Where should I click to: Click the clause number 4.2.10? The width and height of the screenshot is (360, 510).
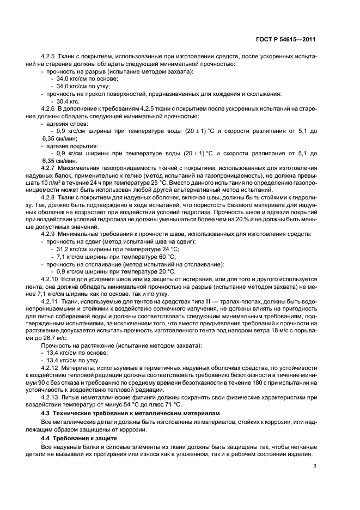[x=52, y=277]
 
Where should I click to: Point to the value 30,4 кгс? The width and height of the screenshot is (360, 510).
[x=68, y=101]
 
